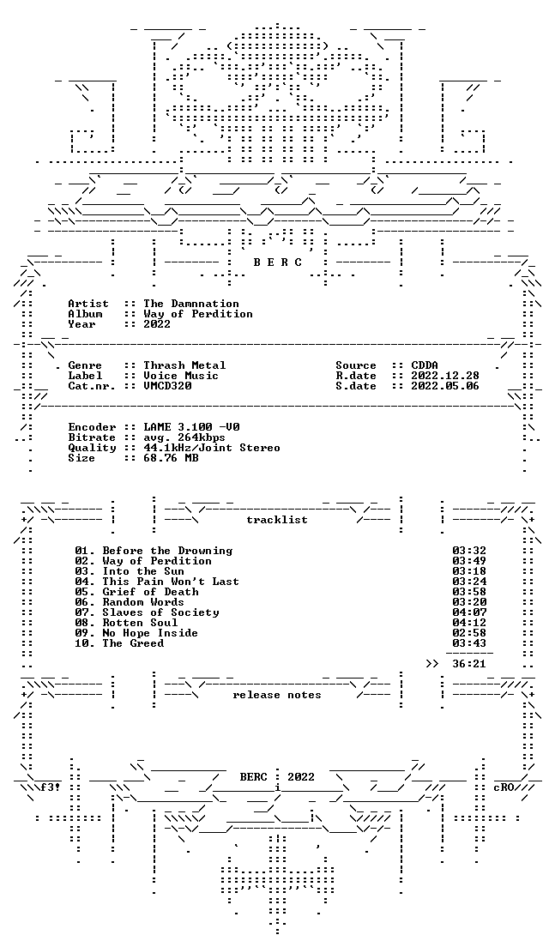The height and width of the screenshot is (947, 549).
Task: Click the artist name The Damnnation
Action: [x=190, y=304]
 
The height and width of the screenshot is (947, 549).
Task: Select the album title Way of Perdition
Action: [x=197, y=314]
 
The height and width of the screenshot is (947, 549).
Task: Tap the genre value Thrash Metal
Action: [x=184, y=365]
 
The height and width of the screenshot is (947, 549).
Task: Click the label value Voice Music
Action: [x=181, y=376]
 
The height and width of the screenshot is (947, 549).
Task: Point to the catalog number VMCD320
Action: [x=167, y=386]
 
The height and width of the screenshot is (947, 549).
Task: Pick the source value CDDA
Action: [x=425, y=365]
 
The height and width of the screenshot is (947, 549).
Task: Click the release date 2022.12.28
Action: [x=445, y=376]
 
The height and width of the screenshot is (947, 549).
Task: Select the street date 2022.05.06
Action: [x=445, y=386]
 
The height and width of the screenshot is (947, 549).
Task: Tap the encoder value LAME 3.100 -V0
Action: [x=190, y=427]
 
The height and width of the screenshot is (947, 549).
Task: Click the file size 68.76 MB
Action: [x=171, y=458]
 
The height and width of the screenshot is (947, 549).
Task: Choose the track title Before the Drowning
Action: [x=167, y=551]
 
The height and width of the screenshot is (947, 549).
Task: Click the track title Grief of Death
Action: [x=150, y=592]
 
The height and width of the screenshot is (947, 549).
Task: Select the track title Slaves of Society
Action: [x=160, y=612]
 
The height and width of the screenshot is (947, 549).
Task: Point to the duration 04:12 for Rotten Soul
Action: [x=469, y=623]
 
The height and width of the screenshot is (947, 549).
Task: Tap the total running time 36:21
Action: [x=469, y=664]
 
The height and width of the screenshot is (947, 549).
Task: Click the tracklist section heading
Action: [x=276, y=520]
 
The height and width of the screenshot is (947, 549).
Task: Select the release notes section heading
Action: [x=276, y=695]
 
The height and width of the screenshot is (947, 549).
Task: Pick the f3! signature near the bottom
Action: [x=50, y=787]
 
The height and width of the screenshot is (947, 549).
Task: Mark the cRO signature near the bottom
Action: [x=504, y=787]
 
